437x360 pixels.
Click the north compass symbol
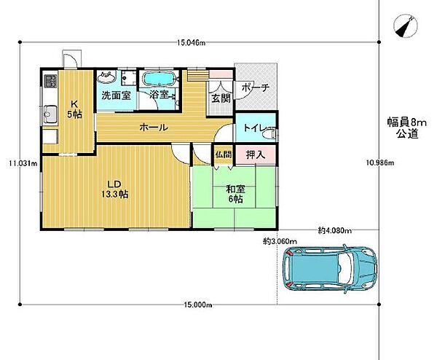[406, 26]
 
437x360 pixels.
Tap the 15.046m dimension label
[191, 43]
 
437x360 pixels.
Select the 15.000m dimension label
[197, 305]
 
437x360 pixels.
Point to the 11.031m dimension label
[23, 163]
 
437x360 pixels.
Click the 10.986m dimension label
[380, 163]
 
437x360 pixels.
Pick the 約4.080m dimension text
[335, 230]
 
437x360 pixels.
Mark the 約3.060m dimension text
[280, 240]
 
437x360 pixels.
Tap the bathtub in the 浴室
[159, 78]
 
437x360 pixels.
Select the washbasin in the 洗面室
[107, 77]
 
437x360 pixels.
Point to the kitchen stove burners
[50, 80]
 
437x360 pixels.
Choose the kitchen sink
[50, 114]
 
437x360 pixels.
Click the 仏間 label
[224, 154]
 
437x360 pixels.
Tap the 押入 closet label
[256, 154]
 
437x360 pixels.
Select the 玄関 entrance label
[221, 98]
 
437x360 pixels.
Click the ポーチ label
[256, 87]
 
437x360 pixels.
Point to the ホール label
[154, 128]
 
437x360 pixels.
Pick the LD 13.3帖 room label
[114, 189]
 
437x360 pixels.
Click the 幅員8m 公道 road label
[407, 128]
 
